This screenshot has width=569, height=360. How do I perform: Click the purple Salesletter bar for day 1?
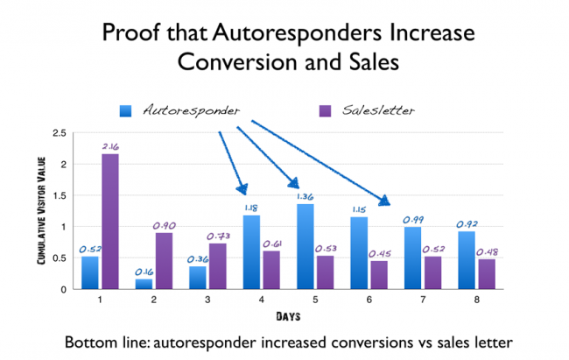pos(110,222)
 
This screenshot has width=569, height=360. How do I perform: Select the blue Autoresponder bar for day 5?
pos(306,247)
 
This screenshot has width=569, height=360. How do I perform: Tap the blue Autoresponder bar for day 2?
pos(144,284)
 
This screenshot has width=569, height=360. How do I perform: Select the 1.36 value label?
pos(306,196)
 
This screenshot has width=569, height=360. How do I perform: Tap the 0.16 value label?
pos(143,271)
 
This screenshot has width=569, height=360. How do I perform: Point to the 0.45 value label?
pos(379,253)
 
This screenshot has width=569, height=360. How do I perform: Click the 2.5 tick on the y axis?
pos(59,133)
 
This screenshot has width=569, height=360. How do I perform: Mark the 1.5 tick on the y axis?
pos(59,195)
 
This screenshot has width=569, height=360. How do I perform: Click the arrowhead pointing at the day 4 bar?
pos(242,189)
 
